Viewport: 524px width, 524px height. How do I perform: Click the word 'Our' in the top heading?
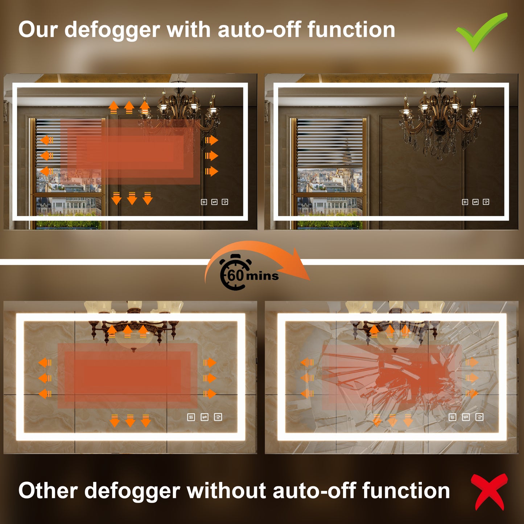(x=38, y=30)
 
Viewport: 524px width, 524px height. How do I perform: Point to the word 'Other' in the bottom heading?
(x=48, y=491)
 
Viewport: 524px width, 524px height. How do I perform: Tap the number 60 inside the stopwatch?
(x=235, y=275)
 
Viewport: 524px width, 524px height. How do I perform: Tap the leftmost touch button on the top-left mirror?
(x=204, y=202)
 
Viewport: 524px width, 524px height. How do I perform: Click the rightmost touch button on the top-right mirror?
(x=486, y=202)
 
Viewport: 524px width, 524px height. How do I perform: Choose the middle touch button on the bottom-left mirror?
(x=205, y=417)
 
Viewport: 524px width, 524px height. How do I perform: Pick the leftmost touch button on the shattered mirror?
(x=453, y=417)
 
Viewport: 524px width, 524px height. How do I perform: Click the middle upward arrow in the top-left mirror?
(x=129, y=107)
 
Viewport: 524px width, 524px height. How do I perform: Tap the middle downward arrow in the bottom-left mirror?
(x=130, y=420)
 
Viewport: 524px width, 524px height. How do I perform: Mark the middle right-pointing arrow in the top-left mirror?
(x=211, y=156)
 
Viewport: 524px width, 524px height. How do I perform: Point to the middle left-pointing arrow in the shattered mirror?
(x=307, y=378)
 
